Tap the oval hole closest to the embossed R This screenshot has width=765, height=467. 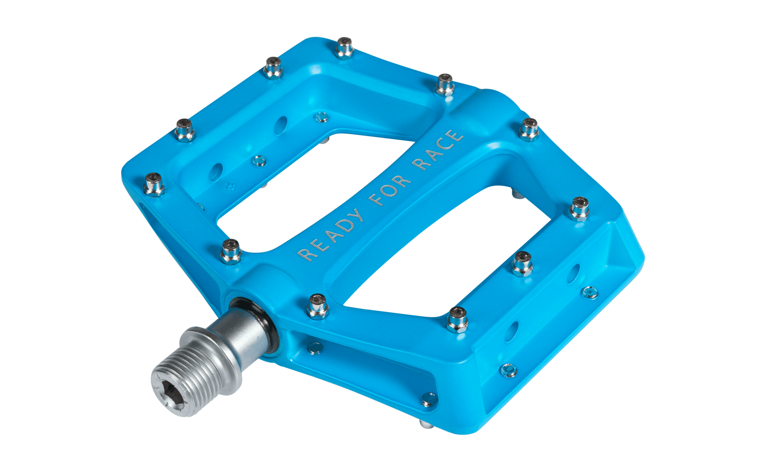click(x=216, y=172)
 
